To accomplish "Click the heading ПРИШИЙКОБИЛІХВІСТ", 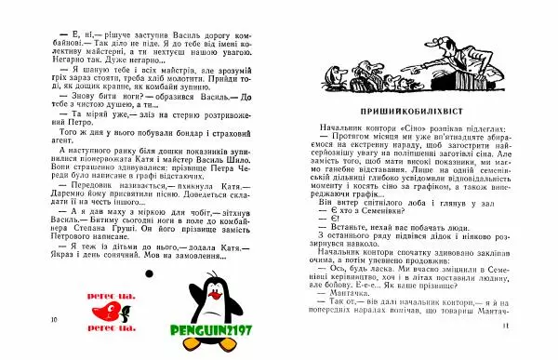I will pos(413,110).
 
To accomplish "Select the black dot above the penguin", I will pos(150,271).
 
